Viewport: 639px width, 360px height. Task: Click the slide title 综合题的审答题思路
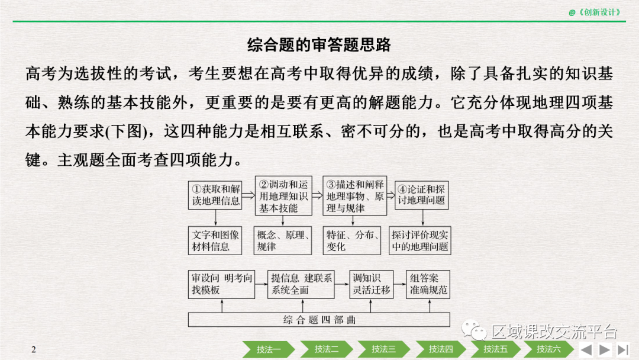[x=319, y=45]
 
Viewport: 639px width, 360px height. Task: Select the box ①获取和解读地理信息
[x=216, y=195]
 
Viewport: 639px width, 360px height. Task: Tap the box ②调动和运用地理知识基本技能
[x=283, y=195]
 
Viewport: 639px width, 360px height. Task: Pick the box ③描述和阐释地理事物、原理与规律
[x=354, y=195]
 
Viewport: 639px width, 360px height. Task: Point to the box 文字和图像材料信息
[x=216, y=240]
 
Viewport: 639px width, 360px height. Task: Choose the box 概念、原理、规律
[x=283, y=240]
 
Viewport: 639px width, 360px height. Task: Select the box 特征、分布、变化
[x=353, y=240]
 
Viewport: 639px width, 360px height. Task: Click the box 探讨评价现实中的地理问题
[x=420, y=240]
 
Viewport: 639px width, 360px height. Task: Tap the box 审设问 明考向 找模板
[x=222, y=284]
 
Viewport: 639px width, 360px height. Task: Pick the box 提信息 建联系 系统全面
[x=302, y=284]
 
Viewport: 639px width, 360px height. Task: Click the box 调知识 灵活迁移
[x=371, y=284]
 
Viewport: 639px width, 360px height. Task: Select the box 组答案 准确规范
[x=429, y=284]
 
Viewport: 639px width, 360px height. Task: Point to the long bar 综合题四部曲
[x=319, y=320]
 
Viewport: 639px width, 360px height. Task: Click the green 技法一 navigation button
[x=269, y=349]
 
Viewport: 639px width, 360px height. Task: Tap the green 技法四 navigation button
[x=441, y=349]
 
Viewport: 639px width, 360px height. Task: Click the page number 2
[x=34, y=349]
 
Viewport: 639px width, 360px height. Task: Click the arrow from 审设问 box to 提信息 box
[x=261, y=284]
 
